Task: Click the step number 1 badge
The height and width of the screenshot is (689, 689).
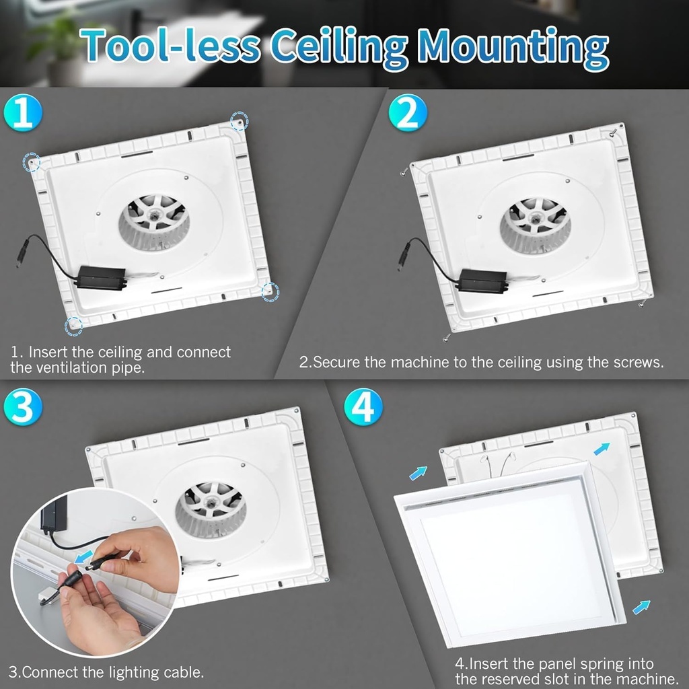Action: tap(23, 112)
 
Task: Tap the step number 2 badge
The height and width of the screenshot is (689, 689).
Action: tap(408, 112)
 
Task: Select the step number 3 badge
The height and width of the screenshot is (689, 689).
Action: tap(23, 407)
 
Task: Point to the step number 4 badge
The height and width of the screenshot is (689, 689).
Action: tap(363, 407)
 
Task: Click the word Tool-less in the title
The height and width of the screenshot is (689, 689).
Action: tap(170, 46)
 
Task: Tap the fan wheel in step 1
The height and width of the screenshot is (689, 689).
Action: tap(154, 222)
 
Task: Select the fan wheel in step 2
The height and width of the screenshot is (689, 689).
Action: tap(535, 225)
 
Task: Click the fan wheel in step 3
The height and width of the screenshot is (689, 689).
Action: tap(211, 510)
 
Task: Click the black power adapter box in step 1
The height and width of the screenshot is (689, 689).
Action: tap(100, 278)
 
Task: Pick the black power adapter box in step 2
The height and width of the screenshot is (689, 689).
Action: tap(482, 281)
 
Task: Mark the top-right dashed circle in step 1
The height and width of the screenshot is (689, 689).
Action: tap(240, 121)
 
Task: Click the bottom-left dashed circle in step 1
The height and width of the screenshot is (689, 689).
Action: tap(73, 326)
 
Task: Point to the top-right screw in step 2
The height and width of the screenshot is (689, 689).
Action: tap(614, 131)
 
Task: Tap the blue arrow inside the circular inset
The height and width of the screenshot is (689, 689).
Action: tap(83, 556)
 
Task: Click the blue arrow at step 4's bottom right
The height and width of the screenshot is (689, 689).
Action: tap(641, 607)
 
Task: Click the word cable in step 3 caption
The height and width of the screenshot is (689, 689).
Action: tap(184, 672)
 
